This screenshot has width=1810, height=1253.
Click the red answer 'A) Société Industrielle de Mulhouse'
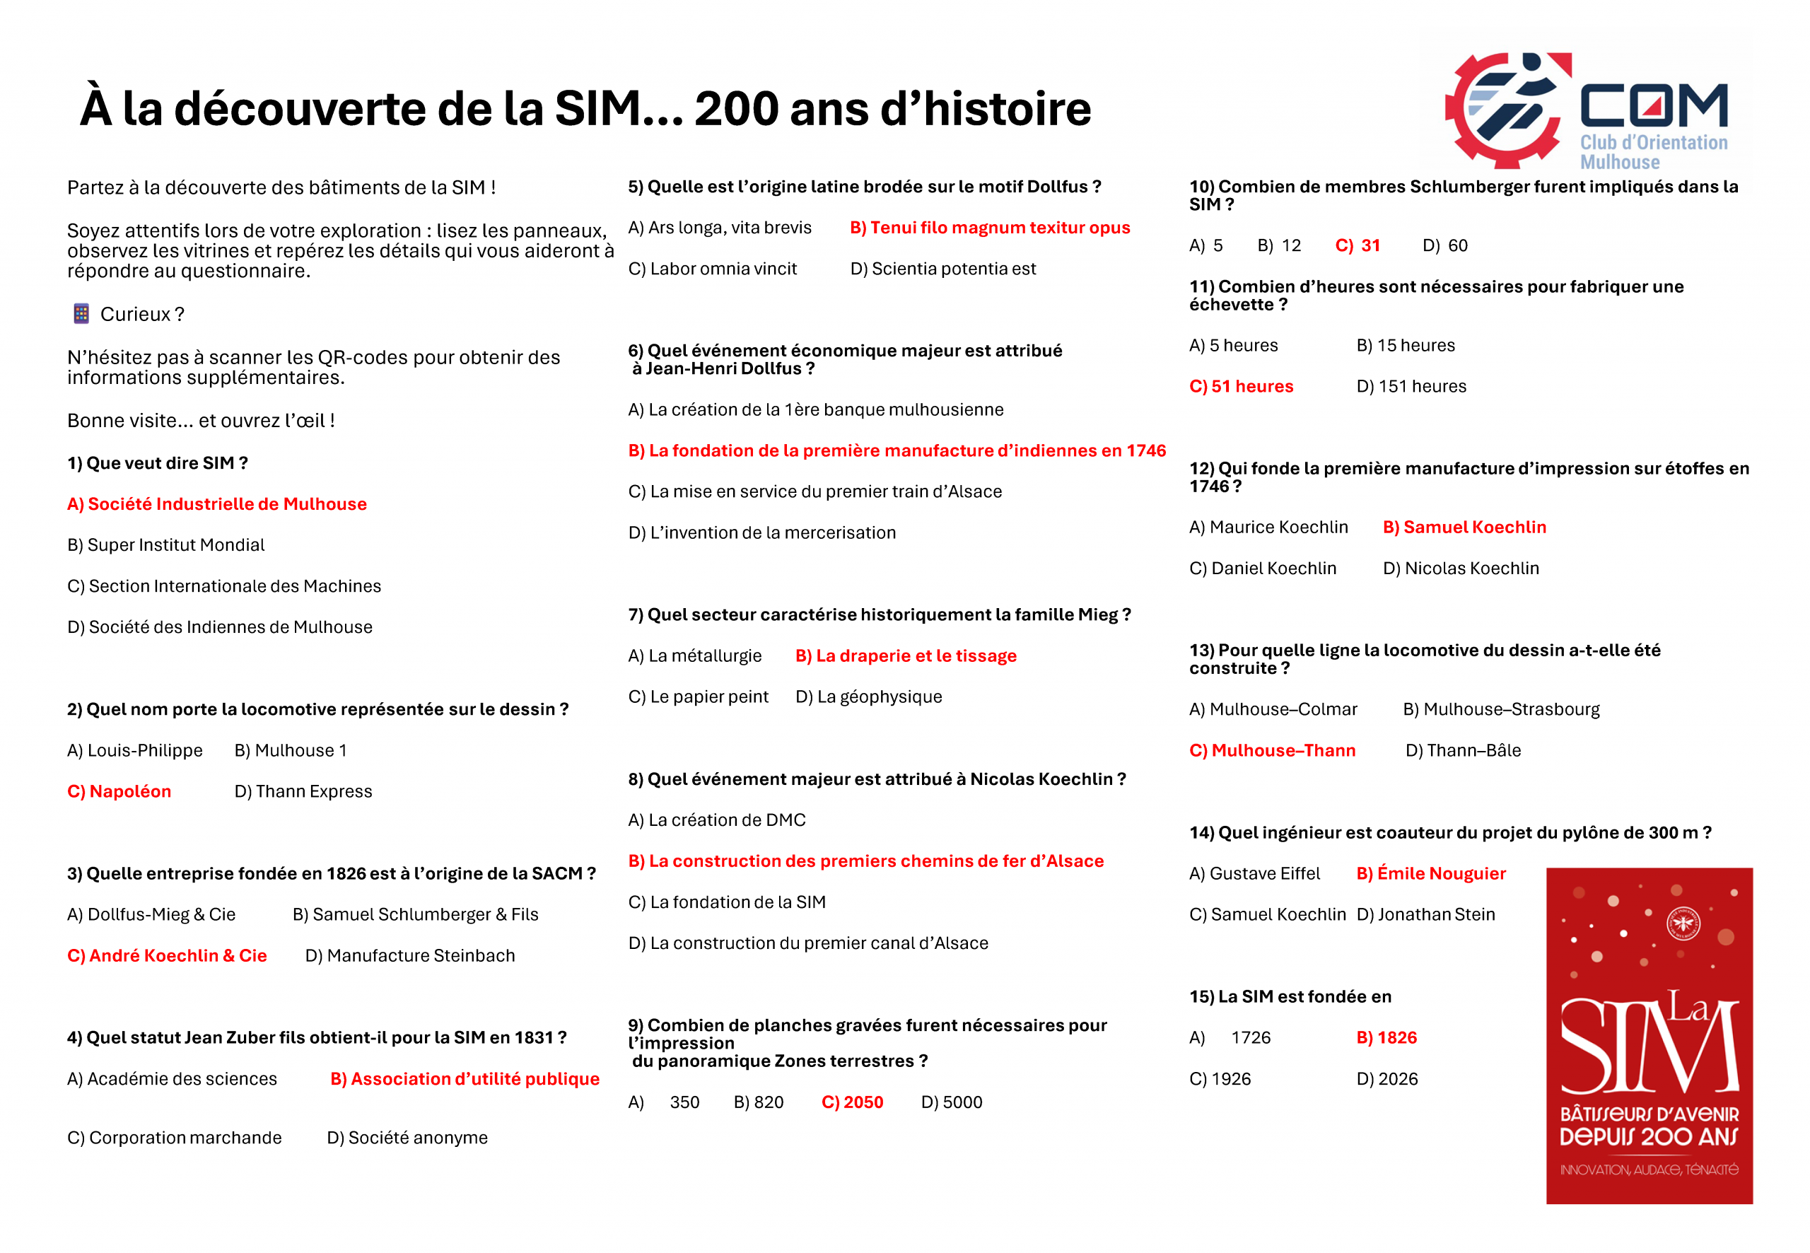[216, 504]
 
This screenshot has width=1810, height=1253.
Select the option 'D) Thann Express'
[303, 791]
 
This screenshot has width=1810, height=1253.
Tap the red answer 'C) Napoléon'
[119, 791]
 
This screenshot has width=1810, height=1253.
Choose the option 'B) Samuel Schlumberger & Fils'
[415, 914]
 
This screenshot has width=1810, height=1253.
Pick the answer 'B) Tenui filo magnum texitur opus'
[990, 228]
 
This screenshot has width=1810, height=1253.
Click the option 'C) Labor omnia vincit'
[712, 269]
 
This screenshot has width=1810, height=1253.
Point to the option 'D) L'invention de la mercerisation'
[761, 533]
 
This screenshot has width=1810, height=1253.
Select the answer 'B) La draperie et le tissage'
[906, 656]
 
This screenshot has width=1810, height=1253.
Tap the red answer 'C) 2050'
[852, 1102]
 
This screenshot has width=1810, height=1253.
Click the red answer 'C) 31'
[1357, 246]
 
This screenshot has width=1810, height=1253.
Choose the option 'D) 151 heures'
[1411, 386]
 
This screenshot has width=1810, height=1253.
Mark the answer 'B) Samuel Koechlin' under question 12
[1464, 528]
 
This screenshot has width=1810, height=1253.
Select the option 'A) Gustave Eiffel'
[1254, 874]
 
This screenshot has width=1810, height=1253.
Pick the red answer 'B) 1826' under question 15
[1386, 1038]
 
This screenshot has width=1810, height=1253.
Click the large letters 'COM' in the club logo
[1653, 106]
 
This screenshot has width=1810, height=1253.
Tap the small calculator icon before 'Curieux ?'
[81, 314]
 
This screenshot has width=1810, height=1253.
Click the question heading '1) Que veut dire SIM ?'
[158, 463]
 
